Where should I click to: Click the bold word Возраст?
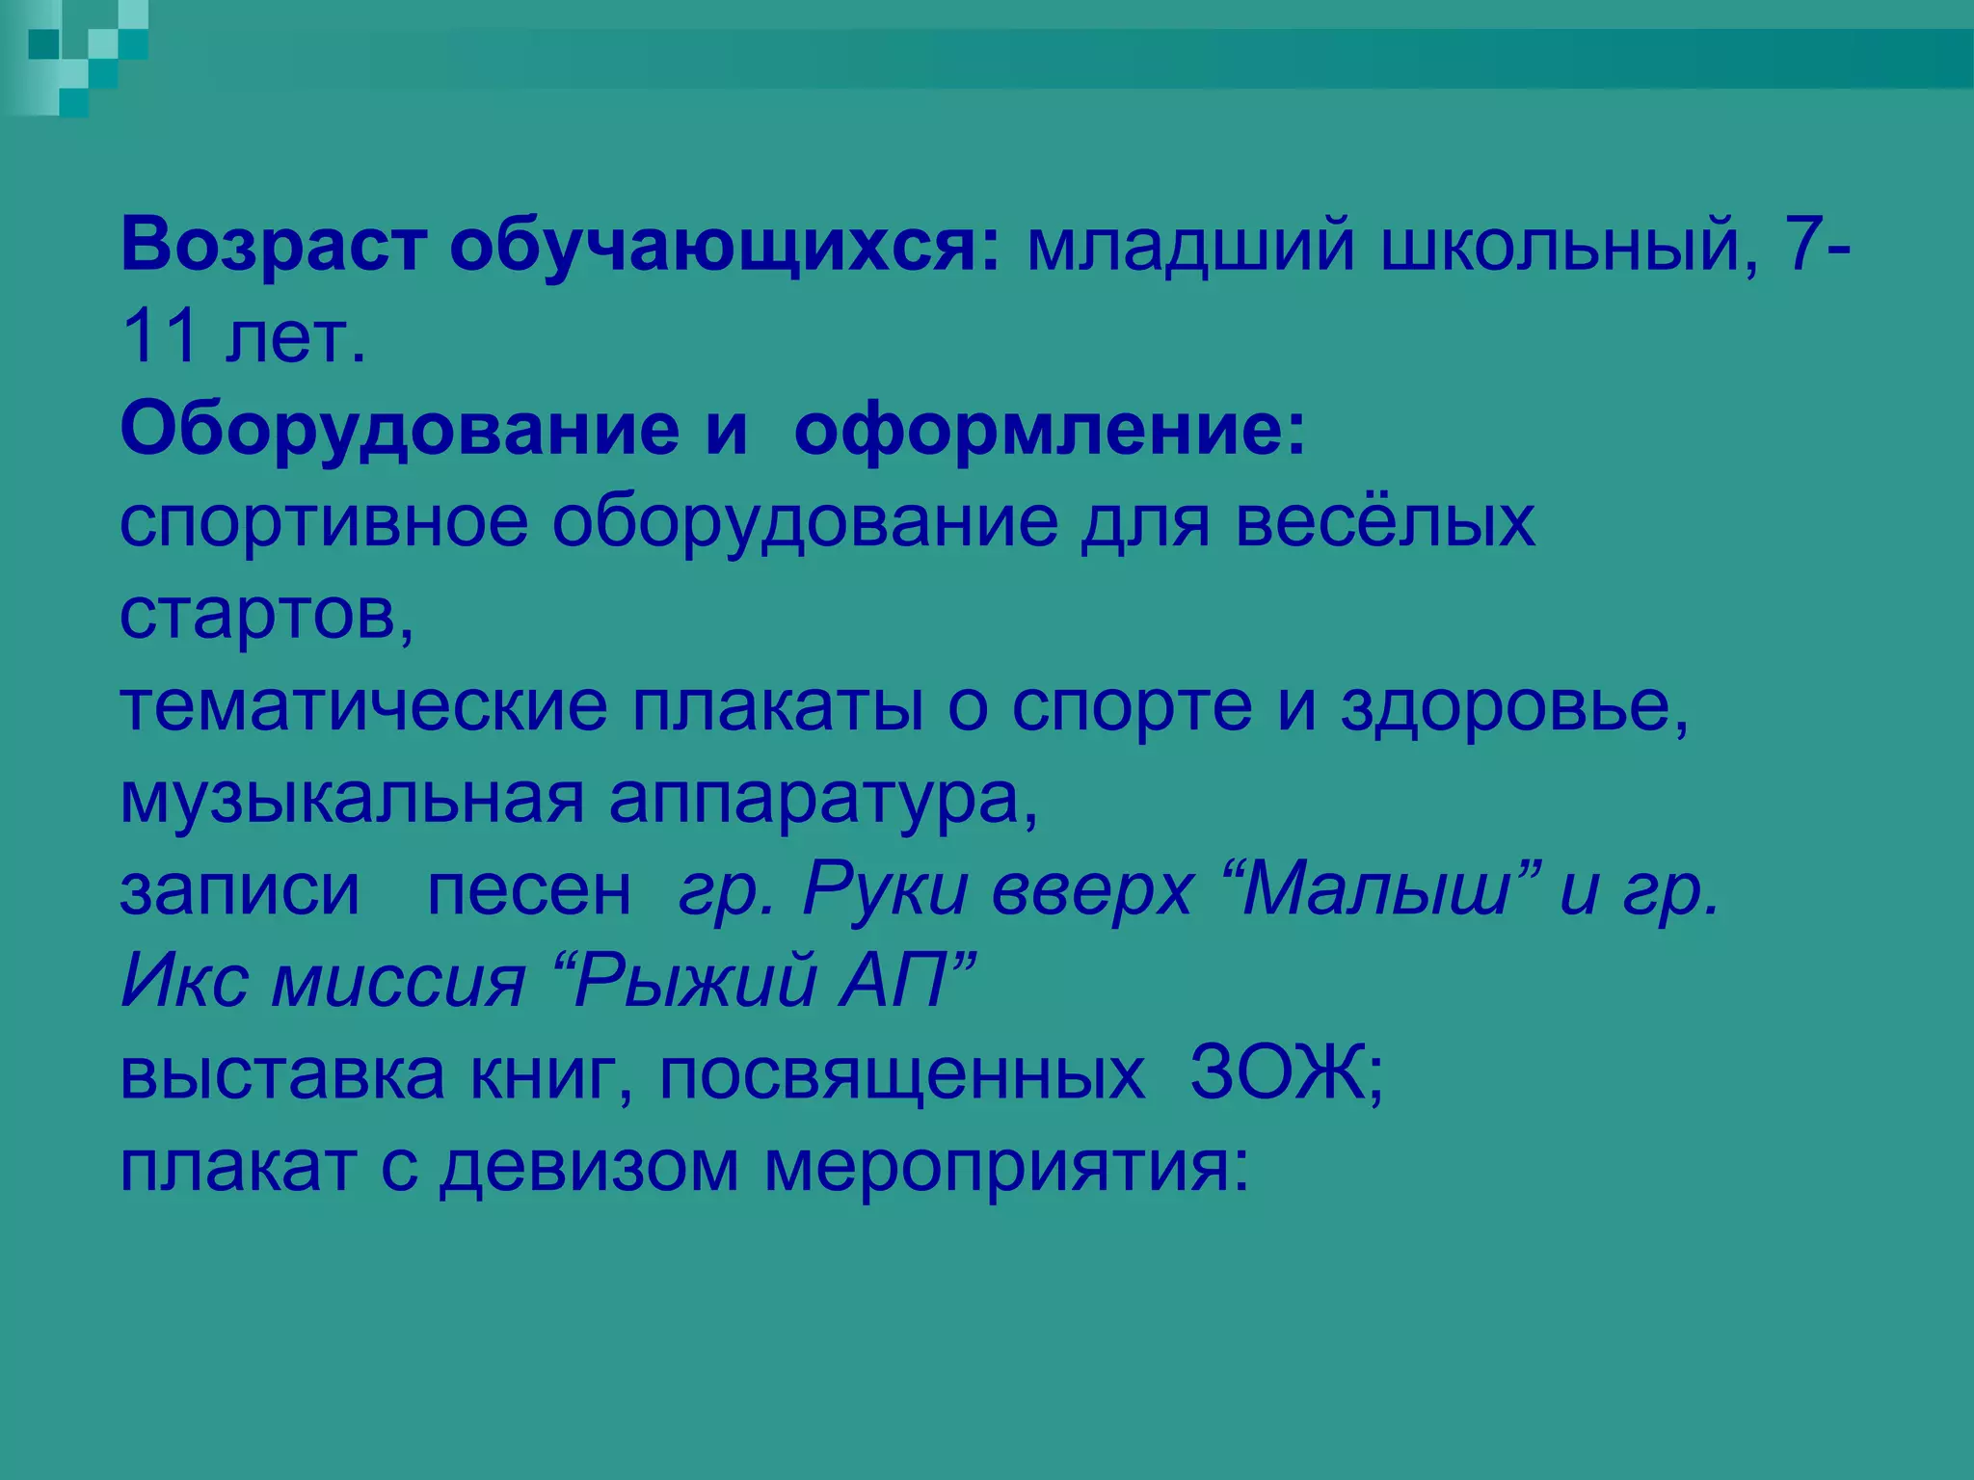coord(272,247)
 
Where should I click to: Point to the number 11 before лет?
coord(160,337)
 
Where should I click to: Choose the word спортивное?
coord(324,523)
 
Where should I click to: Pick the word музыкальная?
coord(352,798)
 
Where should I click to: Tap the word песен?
coord(529,889)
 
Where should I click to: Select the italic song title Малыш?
coord(1374,889)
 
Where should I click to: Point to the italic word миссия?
coord(399,981)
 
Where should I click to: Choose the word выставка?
coord(281,1072)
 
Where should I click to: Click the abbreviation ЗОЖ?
coord(1277,1072)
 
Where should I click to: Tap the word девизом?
coord(589,1165)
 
